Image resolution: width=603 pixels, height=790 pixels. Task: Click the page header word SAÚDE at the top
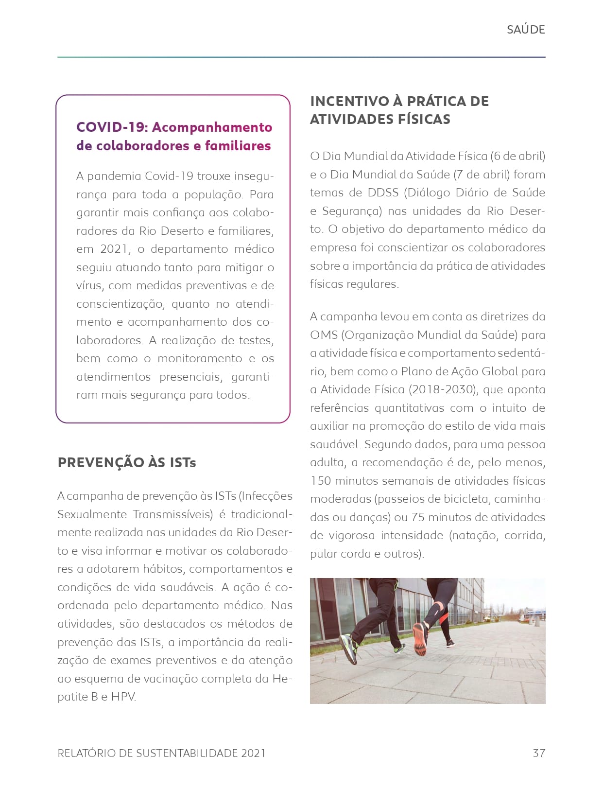pos(525,30)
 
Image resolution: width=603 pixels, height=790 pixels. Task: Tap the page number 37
pos(539,753)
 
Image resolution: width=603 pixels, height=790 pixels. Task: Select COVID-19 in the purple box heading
pos(111,127)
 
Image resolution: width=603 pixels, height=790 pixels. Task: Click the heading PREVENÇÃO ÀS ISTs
pos(127,462)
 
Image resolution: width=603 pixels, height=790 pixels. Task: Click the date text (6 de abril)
pos(517,156)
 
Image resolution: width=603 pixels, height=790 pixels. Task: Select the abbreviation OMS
pos(324,335)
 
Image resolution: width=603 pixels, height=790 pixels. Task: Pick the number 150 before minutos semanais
pos(321,481)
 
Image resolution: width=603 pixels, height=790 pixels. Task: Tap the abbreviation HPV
pos(123,697)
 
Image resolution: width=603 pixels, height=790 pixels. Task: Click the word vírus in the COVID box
pos(89,285)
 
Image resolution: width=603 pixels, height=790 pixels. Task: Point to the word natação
pos(476,535)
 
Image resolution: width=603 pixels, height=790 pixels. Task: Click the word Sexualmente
pos(92,514)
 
